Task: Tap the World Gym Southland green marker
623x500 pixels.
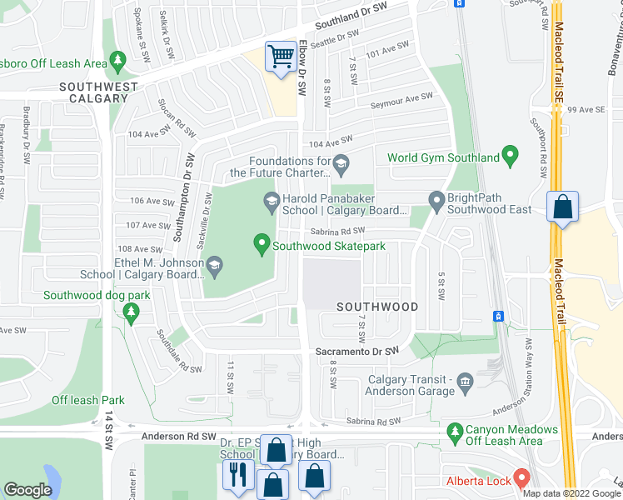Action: click(x=511, y=155)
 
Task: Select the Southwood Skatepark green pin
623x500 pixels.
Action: click(x=262, y=243)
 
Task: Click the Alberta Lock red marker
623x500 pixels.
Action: click(x=522, y=478)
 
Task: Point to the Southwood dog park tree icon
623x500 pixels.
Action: click(x=130, y=312)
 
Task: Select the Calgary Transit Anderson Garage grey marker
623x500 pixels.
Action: click(x=465, y=382)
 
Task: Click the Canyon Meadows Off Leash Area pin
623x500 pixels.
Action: click(x=455, y=431)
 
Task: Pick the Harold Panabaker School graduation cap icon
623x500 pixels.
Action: click(x=271, y=200)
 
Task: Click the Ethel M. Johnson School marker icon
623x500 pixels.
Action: click(x=215, y=267)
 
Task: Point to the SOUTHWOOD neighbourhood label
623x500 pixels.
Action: click(x=377, y=307)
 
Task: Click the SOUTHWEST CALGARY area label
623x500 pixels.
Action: click(x=93, y=92)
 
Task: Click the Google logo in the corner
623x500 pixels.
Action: click(x=27, y=489)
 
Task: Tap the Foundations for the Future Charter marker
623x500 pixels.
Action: click(x=340, y=162)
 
